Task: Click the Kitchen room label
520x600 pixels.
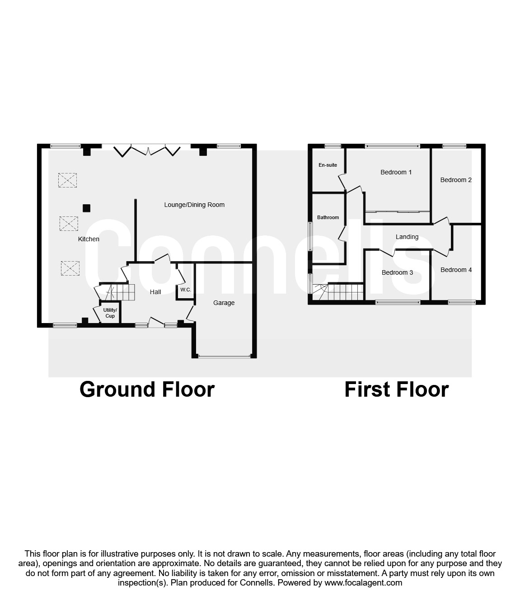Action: tap(89, 239)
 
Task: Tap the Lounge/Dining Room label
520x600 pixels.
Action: tap(194, 205)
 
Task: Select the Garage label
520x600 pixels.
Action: tap(224, 303)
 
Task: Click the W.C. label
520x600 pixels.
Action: tap(186, 289)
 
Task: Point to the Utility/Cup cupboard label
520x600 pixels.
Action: tap(110, 313)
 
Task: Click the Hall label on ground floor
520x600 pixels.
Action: tap(155, 292)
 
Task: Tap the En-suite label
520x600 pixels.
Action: tap(328, 165)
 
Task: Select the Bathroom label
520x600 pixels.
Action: tap(328, 217)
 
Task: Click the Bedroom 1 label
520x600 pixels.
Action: tap(396, 172)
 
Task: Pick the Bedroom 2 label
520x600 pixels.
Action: tap(456, 180)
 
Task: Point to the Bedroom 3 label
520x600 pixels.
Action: tap(397, 272)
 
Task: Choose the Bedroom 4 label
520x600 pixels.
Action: tap(456, 270)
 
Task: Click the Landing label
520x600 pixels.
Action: tap(407, 237)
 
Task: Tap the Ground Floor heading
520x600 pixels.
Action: tap(147, 389)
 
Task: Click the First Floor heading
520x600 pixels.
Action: tap(396, 389)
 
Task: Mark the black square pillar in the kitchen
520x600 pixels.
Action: tap(86, 208)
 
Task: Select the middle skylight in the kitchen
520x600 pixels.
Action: tap(69, 223)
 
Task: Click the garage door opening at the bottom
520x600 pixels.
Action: tap(224, 357)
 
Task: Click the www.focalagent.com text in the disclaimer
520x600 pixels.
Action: tap(363, 582)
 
